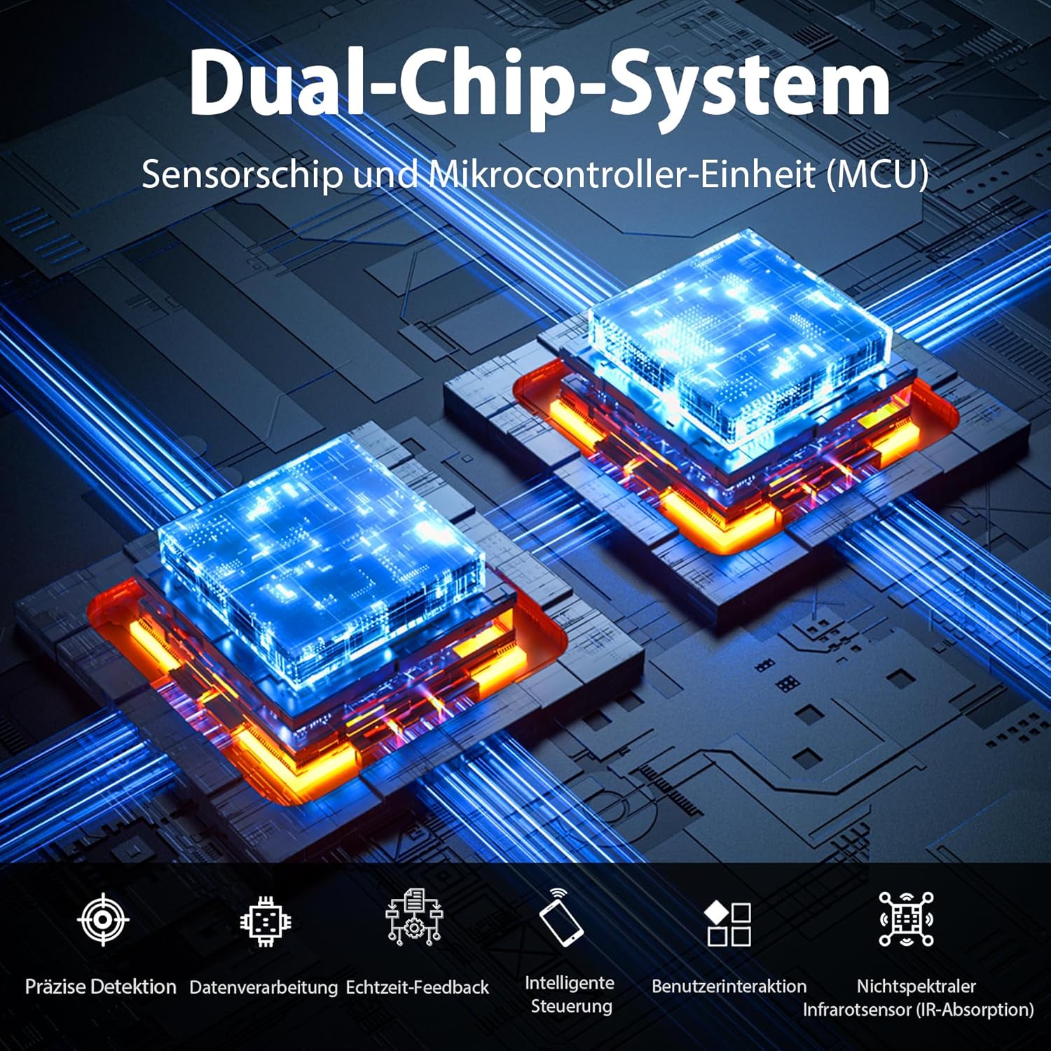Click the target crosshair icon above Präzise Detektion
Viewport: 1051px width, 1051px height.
click(x=103, y=919)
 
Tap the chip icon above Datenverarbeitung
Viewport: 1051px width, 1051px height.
click(x=266, y=920)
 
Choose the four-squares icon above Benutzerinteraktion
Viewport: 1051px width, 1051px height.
click(x=728, y=923)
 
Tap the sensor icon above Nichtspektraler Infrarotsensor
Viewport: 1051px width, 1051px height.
click(x=906, y=919)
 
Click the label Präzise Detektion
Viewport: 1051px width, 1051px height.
click(x=101, y=987)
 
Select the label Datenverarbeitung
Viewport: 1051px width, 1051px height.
click(x=263, y=987)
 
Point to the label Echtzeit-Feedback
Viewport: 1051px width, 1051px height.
click(x=418, y=987)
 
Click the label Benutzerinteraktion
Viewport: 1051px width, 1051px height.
click(x=729, y=987)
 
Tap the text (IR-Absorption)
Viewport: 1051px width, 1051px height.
click(x=975, y=1010)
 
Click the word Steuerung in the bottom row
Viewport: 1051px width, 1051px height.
click(x=572, y=1006)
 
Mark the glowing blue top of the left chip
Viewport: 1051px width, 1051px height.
click(x=322, y=546)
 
